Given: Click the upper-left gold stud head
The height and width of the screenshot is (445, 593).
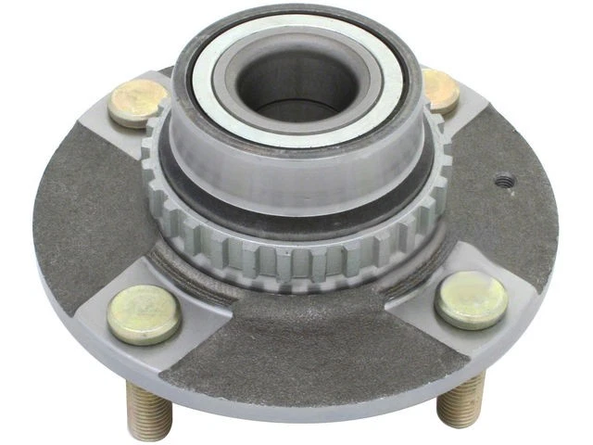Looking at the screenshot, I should coord(137,102).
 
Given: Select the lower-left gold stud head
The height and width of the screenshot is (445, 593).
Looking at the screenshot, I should coord(143,314).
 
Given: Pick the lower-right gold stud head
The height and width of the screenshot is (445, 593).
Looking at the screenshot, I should coord(471,299).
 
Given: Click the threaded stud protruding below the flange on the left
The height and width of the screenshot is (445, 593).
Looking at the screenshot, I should coord(148,409).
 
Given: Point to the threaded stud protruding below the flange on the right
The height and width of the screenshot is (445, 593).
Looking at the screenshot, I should coord(461,399).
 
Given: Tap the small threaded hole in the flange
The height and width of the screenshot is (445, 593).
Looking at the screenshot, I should coord(504,182).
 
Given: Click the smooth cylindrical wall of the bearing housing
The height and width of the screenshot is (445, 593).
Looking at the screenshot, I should coord(296,176).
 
